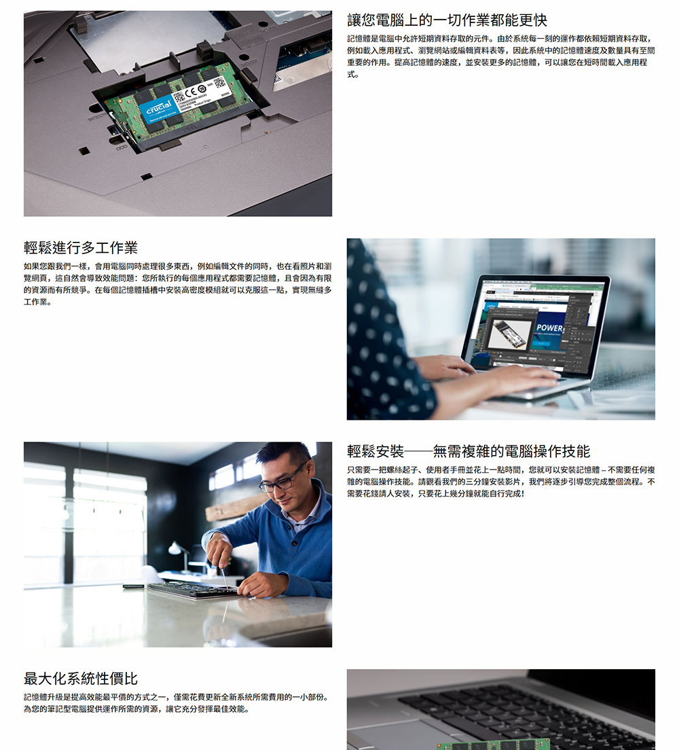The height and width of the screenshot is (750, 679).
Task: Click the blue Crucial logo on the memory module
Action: click(x=160, y=108)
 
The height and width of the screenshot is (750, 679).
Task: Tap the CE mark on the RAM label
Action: click(x=190, y=92)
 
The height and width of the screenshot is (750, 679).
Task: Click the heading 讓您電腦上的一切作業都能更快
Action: click(x=447, y=20)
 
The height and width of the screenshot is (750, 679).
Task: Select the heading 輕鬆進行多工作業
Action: click(x=81, y=248)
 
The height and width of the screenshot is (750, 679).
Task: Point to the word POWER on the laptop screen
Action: click(x=549, y=327)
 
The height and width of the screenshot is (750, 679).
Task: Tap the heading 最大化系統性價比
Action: click(x=81, y=678)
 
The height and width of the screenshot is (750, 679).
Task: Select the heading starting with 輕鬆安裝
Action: click(x=469, y=451)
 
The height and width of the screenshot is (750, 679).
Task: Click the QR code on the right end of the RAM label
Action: click(x=219, y=82)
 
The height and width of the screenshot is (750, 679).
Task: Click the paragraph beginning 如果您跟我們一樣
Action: click(x=178, y=284)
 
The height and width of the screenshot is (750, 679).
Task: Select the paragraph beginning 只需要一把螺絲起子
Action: click(x=501, y=482)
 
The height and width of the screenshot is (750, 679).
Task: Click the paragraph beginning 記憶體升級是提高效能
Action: click(x=177, y=703)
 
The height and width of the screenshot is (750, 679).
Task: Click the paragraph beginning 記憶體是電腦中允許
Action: click(x=501, y=56)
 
